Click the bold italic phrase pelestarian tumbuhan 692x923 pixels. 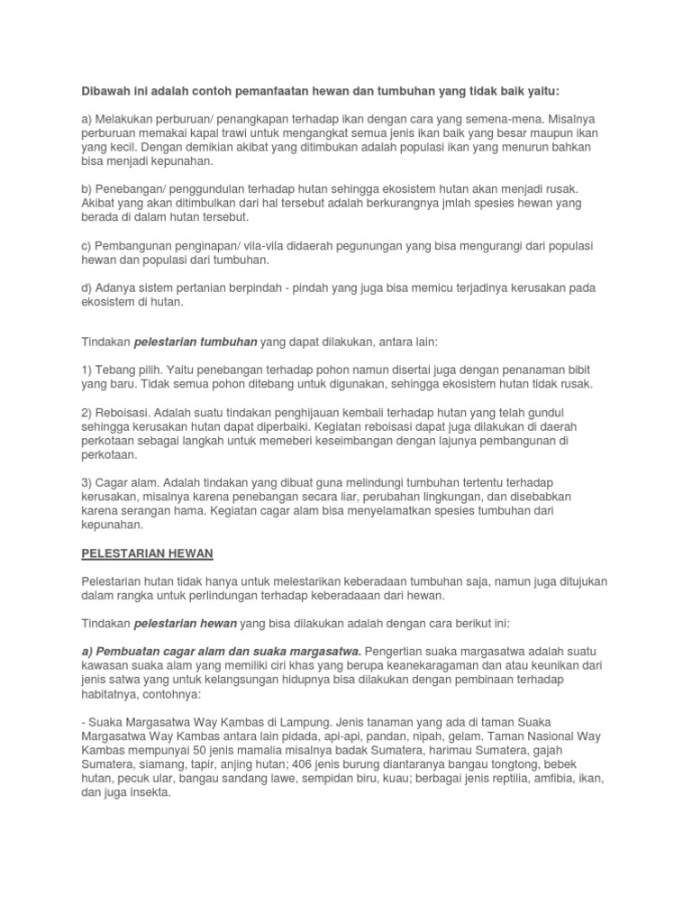coord(196,343)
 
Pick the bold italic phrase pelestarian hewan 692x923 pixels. coord(185,623)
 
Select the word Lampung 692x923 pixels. coord(304,722)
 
